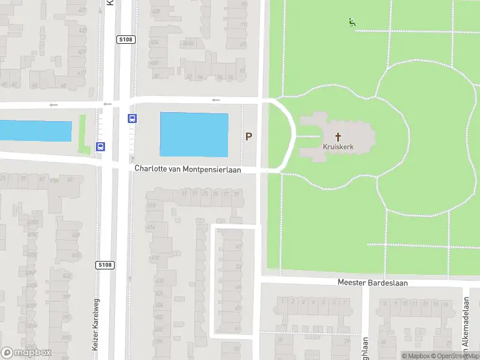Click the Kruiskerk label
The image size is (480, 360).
[337, 146]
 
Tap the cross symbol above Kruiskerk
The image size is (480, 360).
[337, 137]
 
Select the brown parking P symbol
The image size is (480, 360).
[248, 137]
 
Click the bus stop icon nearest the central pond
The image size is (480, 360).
[131, 118]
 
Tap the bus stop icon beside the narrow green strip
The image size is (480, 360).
[100, 146]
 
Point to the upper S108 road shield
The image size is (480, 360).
[125, 40]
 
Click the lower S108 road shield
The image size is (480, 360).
[104, 265]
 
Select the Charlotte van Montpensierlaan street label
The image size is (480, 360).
[187, 170]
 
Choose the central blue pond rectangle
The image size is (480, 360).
[194, 134]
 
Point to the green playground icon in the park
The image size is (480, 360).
[352, 23]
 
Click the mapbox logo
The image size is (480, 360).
[26, 353]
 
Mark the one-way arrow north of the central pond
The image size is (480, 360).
[216, 100]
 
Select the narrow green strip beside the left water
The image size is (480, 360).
[83, 133]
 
